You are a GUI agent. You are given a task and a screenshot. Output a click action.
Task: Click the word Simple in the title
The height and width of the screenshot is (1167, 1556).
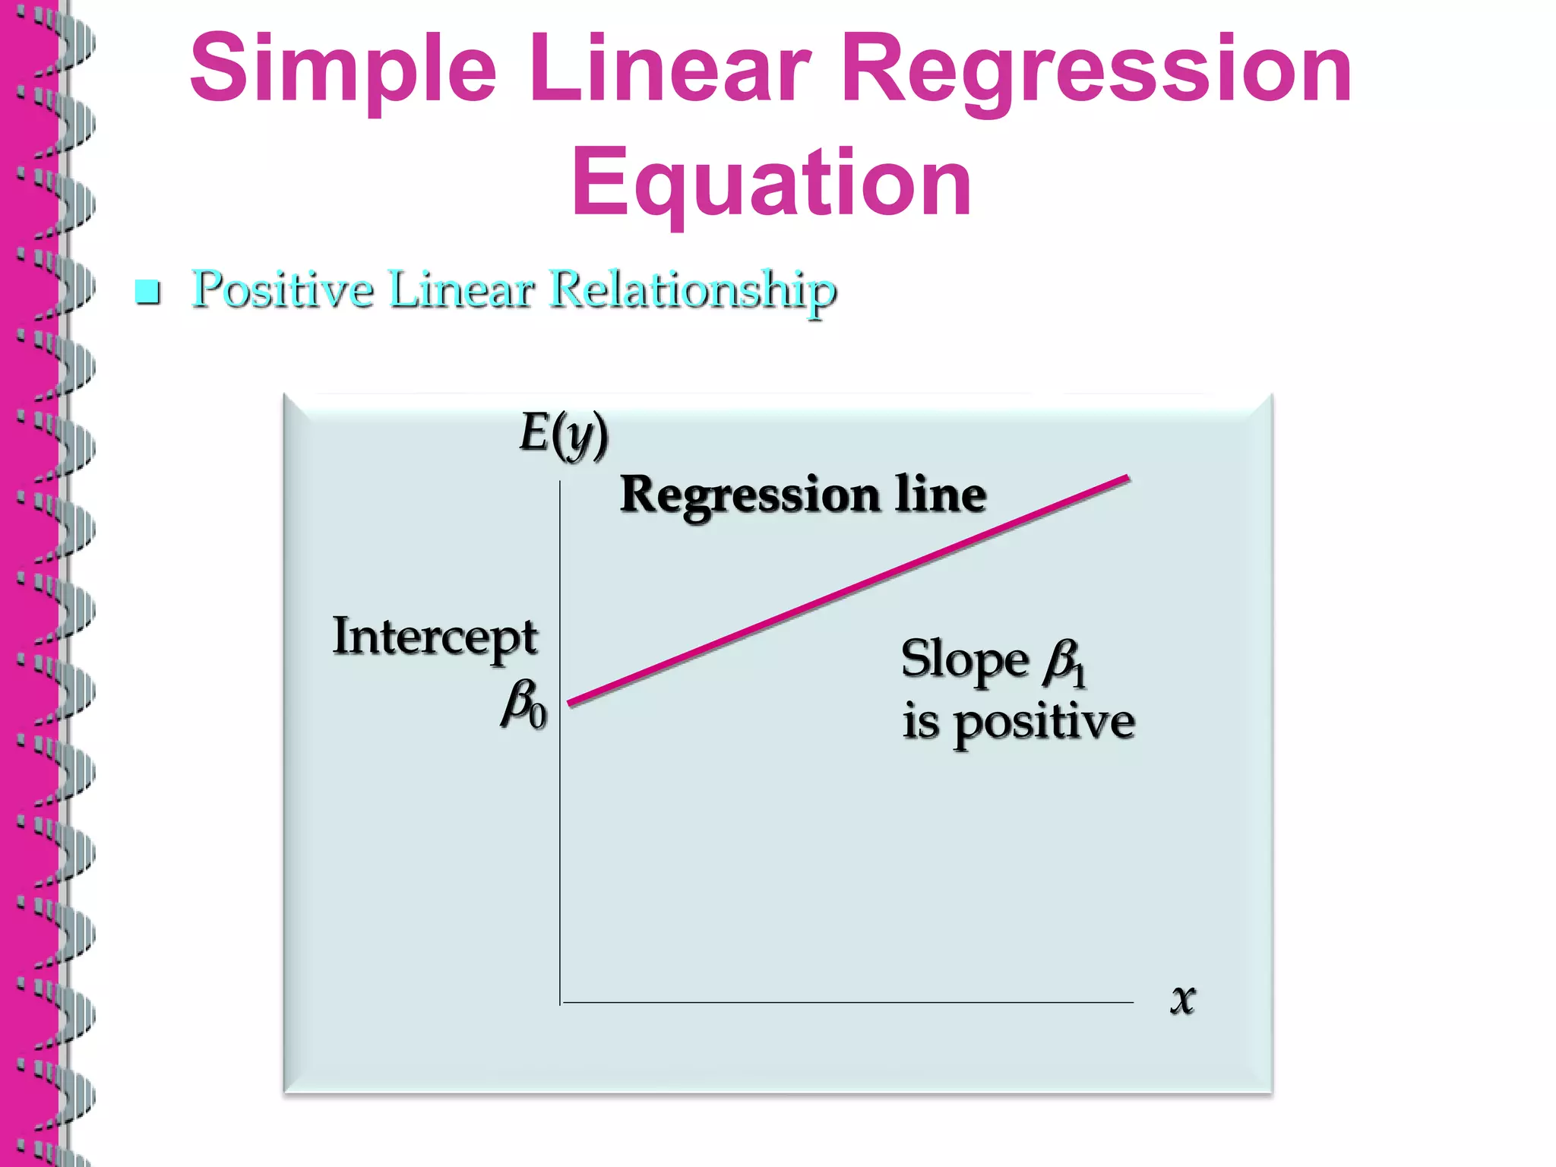pos(343,70)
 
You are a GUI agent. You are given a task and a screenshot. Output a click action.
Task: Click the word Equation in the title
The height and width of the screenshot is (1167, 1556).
pos(770,183)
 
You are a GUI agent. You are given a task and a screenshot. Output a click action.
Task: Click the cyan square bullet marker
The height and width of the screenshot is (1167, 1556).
pos(147,292)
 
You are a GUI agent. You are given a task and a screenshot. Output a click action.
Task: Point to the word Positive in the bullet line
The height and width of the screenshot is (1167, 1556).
pos(283,290)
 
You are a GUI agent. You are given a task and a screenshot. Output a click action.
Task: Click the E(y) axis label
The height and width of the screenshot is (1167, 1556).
pos(564,435)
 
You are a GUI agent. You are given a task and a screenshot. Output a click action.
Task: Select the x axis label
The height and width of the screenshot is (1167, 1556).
pos(1182,998)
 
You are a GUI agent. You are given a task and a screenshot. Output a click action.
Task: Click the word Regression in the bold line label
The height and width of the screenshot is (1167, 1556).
pos(748,495)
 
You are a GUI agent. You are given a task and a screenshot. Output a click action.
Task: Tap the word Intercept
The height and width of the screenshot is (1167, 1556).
pos(435,638)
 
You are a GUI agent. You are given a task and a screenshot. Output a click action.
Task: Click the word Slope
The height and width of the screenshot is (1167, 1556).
pos(964,659)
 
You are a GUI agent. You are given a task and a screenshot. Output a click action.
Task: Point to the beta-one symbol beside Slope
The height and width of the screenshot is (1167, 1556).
pos(1065,663)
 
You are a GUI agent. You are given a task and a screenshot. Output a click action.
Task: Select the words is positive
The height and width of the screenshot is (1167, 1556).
pos(1018,722)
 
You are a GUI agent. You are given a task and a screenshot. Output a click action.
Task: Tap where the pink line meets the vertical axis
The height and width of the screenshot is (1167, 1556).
pos(568,704)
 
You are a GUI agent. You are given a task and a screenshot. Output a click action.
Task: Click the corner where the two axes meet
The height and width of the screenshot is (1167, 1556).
pos(561,1002)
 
